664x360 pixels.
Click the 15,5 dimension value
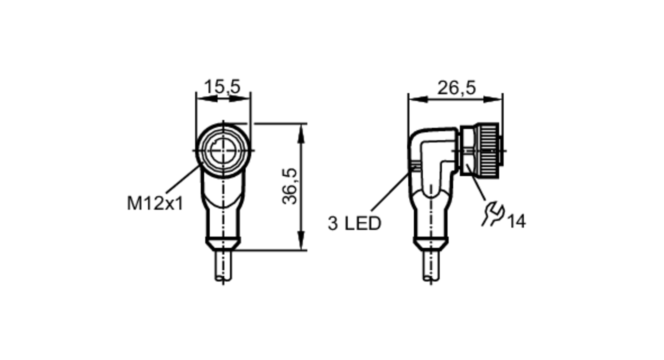point(222,87)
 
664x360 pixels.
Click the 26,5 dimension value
point(456,88)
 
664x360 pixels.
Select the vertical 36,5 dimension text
point(290,186)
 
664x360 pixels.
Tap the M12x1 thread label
point(155,204)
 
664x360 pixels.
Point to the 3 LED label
point(354,224)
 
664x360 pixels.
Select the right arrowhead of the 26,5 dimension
point(493,99)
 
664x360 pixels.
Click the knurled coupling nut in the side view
point(487,149)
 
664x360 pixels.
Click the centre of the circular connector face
point(223,150)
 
